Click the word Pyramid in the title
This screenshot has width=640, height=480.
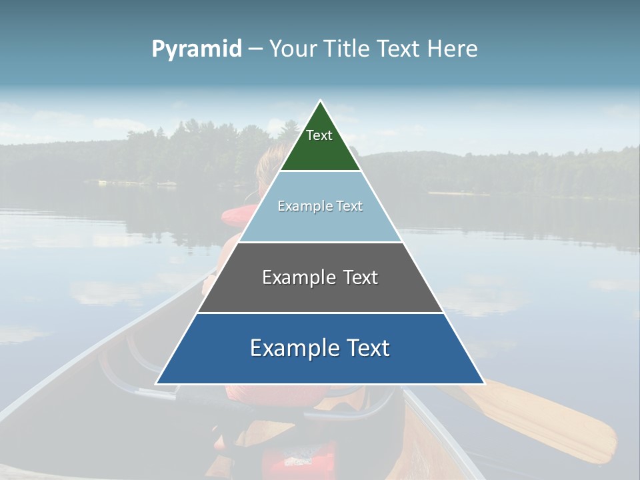(x=197, y=49)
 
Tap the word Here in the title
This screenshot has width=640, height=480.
(x=452, y=49)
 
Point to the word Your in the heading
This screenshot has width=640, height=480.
(x=293, y=49)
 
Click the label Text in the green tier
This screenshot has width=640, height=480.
(x=319, y=135)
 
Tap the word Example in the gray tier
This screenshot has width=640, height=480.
(x=297, y=277)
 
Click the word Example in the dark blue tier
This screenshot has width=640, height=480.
(x=290, y=348)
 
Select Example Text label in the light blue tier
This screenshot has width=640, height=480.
(x=320, y=206)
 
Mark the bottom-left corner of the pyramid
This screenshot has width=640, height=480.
(x=156, y=384)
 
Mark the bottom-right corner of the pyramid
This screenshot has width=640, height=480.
(x=485, y=384)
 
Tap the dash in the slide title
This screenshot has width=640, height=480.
(x=255, y=49)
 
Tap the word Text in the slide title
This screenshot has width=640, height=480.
(x=400, y=49)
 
